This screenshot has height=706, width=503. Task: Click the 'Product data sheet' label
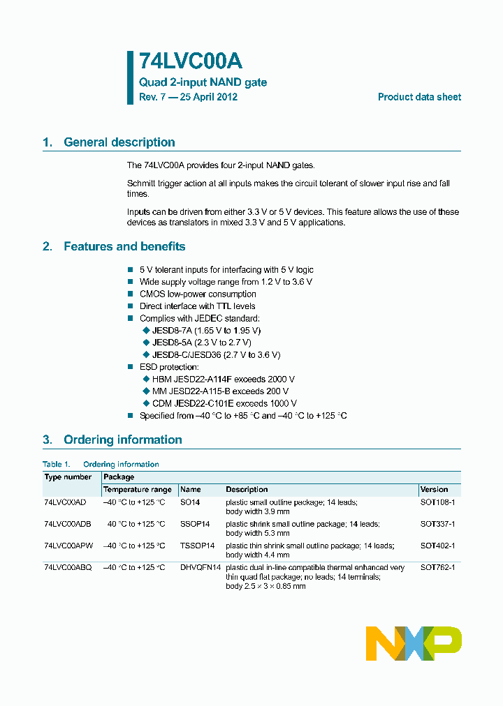(419, 97)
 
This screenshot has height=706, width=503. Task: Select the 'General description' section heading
(119, 142)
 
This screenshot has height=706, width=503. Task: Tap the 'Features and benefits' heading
(124, 246)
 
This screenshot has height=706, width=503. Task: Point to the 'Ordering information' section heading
(122, 440)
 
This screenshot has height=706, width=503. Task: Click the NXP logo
(414, 643)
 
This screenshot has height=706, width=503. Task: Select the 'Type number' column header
(68, 477)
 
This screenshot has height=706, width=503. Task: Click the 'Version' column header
(434, 490)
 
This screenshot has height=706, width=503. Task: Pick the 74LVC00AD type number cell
(65, 502)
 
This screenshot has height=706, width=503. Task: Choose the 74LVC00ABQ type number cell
(68, 568)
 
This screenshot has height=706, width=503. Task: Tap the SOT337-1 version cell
(437, 524)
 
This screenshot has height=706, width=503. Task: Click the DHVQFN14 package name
(201, 568)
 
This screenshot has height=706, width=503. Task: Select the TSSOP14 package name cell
(197, 546)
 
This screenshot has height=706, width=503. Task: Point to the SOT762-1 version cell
(437, 568)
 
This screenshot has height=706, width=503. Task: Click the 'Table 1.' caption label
(56, 464)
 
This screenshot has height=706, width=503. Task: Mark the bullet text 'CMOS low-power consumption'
(198, 294)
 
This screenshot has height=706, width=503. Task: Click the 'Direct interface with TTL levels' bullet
(197, 306)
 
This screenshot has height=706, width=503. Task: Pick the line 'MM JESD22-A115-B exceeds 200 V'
(220, 391)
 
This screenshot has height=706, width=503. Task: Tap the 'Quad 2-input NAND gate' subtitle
(203, 82)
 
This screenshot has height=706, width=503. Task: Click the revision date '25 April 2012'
(208, 97)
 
